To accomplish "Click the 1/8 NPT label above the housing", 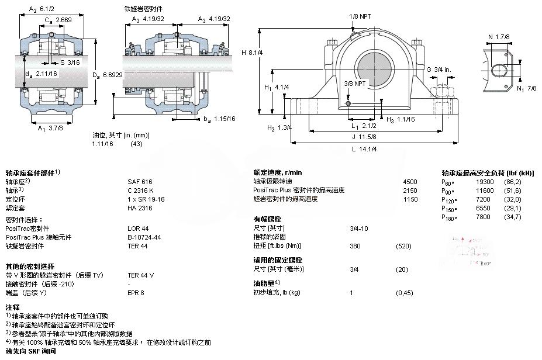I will (360, 16).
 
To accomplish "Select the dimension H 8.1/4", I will (252, 52).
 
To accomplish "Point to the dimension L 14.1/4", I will (364, 149).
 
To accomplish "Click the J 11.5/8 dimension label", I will (364, 137).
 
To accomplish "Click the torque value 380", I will (354, 245).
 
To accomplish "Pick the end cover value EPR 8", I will (135, 292).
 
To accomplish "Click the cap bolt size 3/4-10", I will (358, 228).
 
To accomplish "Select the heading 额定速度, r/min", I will (278, 172).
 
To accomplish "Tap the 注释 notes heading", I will (12, 307).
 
